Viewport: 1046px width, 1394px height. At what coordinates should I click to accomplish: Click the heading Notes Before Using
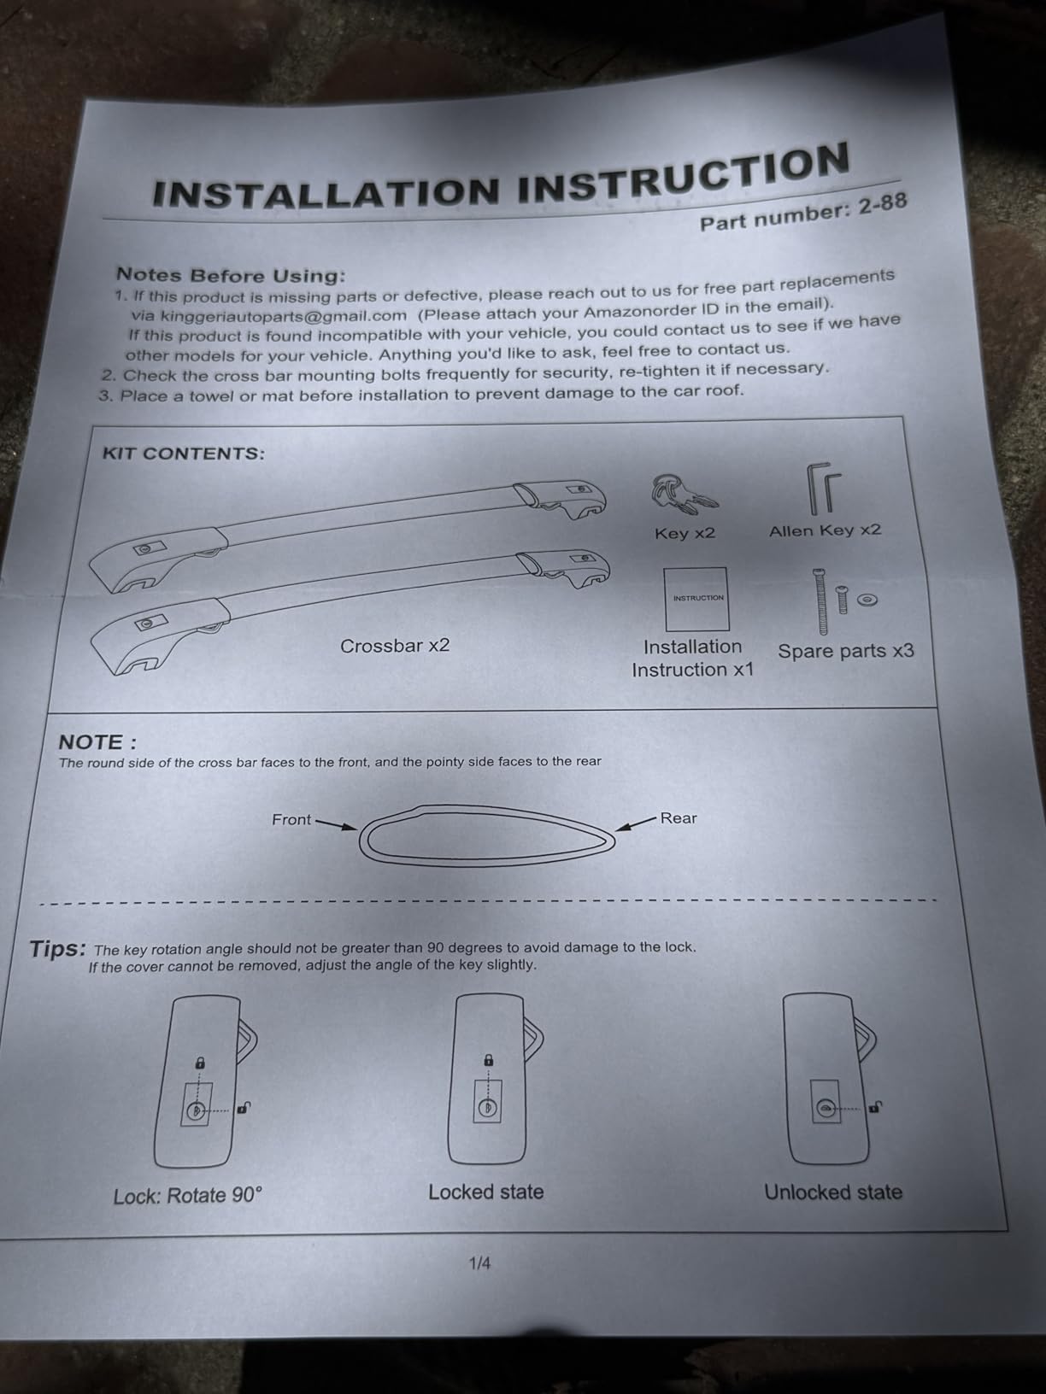tap(231, 275)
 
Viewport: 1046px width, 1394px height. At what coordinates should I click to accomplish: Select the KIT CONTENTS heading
tap(184, 454)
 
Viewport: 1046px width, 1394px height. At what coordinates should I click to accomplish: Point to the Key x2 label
tap(685, 533)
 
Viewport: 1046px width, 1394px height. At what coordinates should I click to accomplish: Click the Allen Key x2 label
tap(825, 530)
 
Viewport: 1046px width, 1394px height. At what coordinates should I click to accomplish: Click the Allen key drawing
tap(824, 489)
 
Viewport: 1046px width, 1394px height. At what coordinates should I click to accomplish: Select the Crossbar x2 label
tap(395, 646)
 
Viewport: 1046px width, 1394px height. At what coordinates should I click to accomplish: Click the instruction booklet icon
tap(696, 599)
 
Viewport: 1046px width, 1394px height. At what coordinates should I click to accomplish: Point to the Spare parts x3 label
tap(846, 651)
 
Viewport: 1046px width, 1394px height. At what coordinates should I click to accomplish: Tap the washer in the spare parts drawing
tap(867, 600)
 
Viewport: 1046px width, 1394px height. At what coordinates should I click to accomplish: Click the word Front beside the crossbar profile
tap(291, 819)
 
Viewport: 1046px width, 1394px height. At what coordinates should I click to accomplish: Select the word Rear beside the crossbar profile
tap(679, 818)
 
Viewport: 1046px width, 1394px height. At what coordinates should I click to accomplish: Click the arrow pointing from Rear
tap(635, 823)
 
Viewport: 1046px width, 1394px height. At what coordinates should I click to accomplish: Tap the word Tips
tap(57, 950)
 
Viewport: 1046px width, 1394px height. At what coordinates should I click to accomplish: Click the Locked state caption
tap(486, 1192)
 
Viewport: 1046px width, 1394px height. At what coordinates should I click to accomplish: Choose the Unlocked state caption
tap(832, 1192)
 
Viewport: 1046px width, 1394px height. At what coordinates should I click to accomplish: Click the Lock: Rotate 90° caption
tap(187, 1196)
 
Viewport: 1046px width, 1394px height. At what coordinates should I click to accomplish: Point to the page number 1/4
tap(479, 1263)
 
